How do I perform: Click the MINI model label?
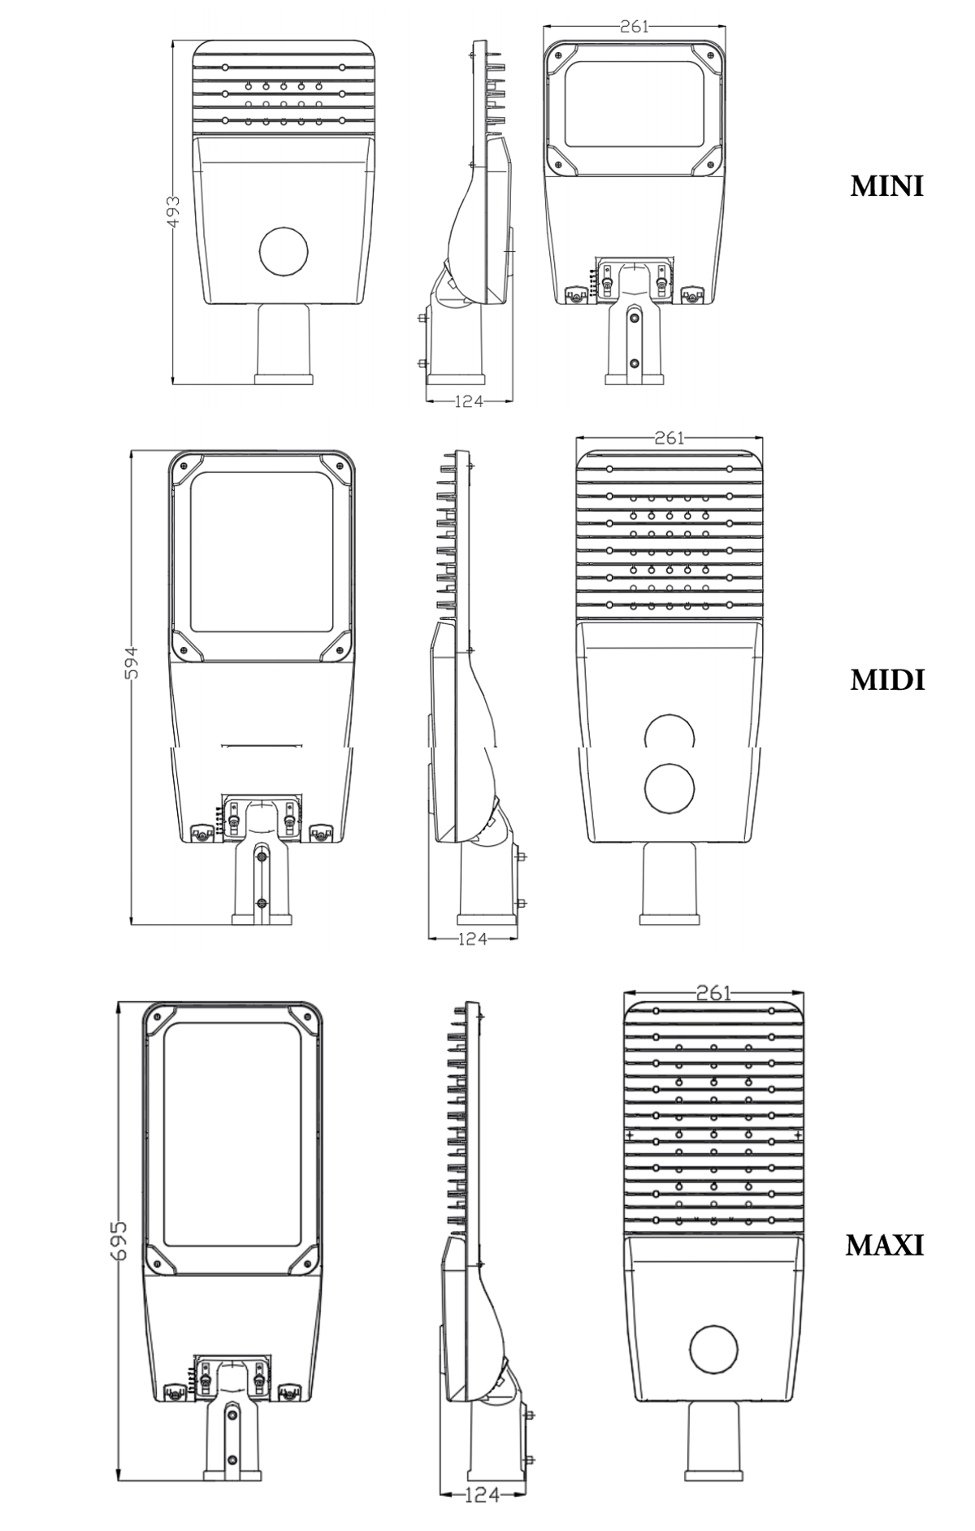click(x=886, y=186)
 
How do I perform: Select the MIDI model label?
click(x=887, y=680)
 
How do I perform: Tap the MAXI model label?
click(x=885, y=1245)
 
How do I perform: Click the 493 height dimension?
click(x=173, y=213)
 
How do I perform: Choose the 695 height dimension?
click(x=119, y=1239)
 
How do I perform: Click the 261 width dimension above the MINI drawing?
click(x=634, y=26)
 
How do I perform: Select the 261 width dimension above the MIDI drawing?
click(x=669, y=438)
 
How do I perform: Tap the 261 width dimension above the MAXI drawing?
click(x=714, y=992)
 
